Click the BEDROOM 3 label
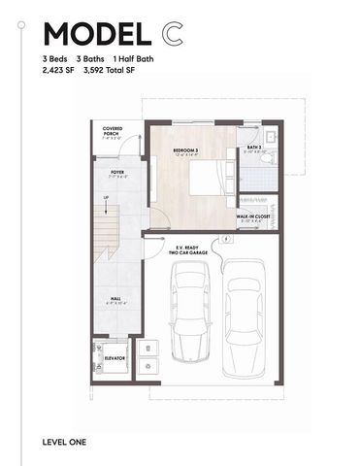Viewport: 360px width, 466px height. [x=185, y=151]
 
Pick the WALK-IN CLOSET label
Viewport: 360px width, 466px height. [x=254, y=217]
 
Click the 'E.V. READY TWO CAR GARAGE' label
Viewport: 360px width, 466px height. [x=184, y=250]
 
